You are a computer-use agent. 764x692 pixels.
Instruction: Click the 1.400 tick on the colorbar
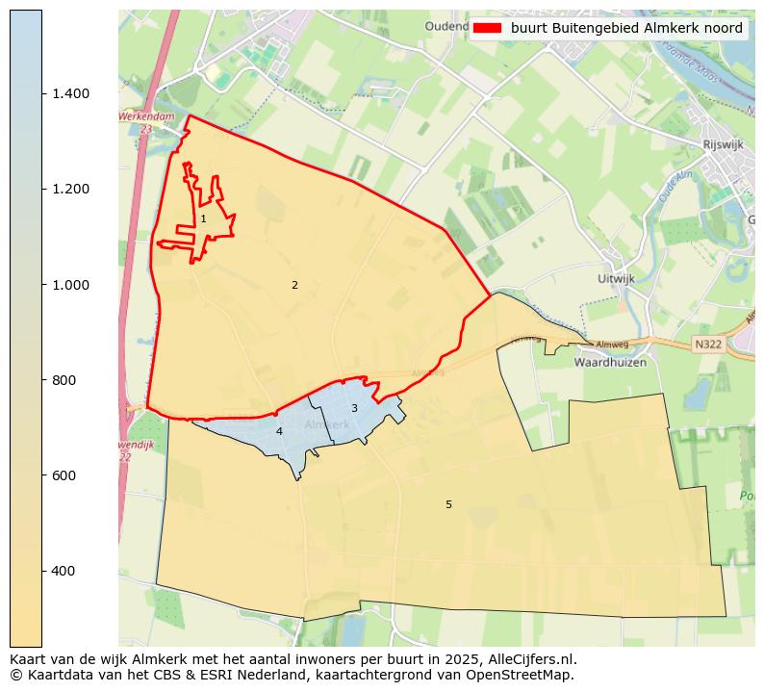click(70, 93)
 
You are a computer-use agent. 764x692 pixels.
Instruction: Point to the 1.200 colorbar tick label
click(70, 189)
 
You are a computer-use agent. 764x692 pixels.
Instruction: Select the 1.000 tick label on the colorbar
click(70, 285)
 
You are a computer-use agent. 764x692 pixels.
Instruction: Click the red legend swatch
click(488, 29)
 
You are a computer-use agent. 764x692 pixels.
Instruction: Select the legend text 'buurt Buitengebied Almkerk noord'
click(626, 29)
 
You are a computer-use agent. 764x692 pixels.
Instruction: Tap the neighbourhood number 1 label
click(203, 219)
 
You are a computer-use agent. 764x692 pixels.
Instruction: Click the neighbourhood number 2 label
click(294, 285)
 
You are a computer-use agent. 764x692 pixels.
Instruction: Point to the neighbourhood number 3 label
click(354, 408)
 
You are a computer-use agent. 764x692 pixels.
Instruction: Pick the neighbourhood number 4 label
click(279, 431)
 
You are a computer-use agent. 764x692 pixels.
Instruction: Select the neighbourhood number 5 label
click(448, 504)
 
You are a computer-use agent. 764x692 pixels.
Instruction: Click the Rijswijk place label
click(724, 145)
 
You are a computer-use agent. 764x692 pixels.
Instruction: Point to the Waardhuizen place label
click(609, 363)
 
